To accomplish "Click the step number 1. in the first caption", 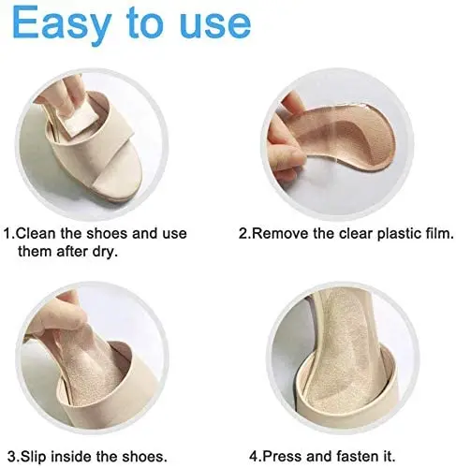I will [x=11, y=233].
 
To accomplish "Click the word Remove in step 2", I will [x=281, y=233].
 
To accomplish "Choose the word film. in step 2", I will [x=433, y=233].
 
